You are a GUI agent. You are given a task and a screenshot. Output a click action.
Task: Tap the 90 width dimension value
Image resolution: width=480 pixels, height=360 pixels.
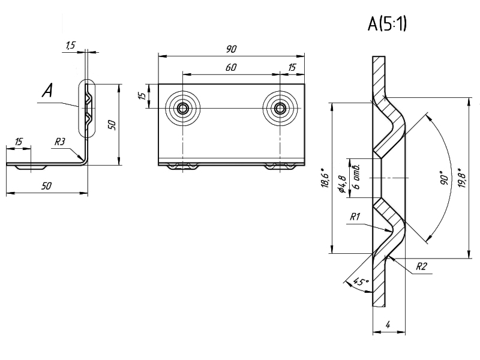[x=232, y=48]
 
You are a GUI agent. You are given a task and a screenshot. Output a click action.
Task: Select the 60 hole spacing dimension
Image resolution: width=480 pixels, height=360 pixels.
[x=230, y=68]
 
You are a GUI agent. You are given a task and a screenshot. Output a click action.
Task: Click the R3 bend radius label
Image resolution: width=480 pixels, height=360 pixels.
[x=60, y=142]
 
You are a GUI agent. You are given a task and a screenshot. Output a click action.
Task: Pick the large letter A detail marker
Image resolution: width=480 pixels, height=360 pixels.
[x=48, y=91]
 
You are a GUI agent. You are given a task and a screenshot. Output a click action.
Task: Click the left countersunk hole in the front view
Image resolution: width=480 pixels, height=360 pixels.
[x=182, y=108]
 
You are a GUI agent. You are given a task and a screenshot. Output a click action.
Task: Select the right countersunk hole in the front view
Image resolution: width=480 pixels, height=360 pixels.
[x=280, y=108]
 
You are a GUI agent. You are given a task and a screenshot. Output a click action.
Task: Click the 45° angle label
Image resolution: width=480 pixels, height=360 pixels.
[x=359, y=281]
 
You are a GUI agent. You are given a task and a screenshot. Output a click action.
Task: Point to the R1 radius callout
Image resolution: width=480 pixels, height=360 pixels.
[x=354, y=216]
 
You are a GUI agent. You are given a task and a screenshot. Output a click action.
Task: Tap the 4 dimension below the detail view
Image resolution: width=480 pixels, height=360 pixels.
[x=388, y=325]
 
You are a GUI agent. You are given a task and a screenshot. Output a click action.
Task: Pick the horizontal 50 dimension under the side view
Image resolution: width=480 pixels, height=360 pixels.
[x=46, y=186]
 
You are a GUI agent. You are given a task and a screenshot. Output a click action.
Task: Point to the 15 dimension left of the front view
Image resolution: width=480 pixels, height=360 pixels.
[x=142, y=96]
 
